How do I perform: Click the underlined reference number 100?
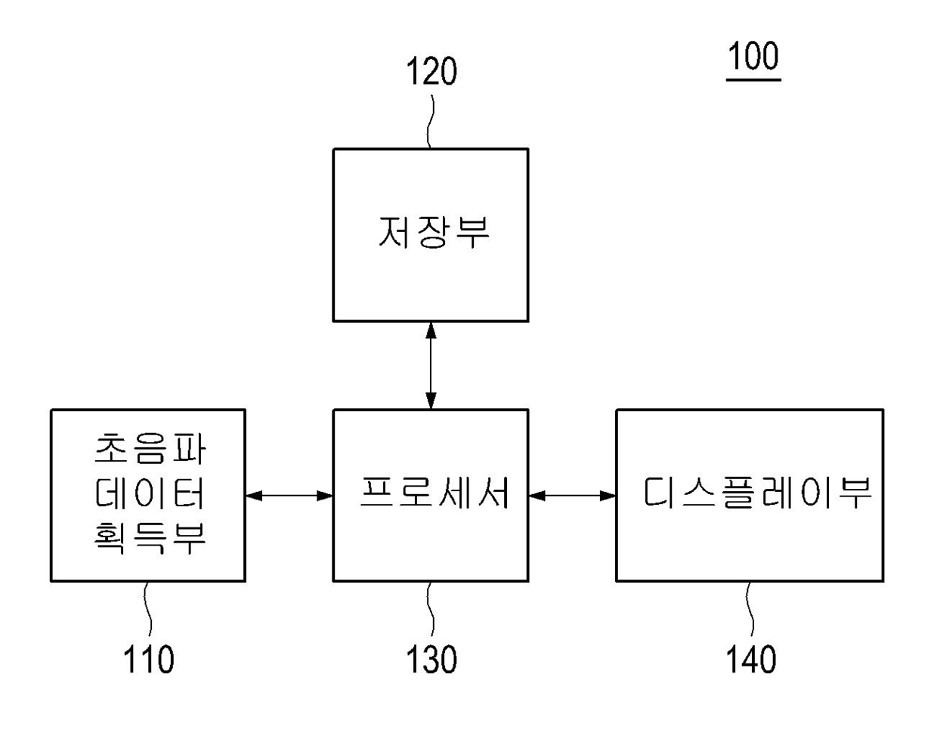(753, 57)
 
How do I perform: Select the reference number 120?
(431, 73)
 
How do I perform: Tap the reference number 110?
(148, 659)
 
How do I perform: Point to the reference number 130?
(431, 659)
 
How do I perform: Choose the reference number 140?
(751, 659)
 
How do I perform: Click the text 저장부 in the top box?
(433, 232)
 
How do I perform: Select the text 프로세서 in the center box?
(434, 493)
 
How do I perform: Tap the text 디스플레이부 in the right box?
(756, 493)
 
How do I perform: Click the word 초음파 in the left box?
(149, 449)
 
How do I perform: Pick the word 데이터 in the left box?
(149, 493)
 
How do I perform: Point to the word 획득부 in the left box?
(149, 538)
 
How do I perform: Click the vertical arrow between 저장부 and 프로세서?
(431, 365)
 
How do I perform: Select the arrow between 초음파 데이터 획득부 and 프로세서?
(289, 496)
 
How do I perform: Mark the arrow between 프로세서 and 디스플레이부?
(572, 496)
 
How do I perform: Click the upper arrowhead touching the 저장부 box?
(431, 329)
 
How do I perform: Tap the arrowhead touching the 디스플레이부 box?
(608, 496)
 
